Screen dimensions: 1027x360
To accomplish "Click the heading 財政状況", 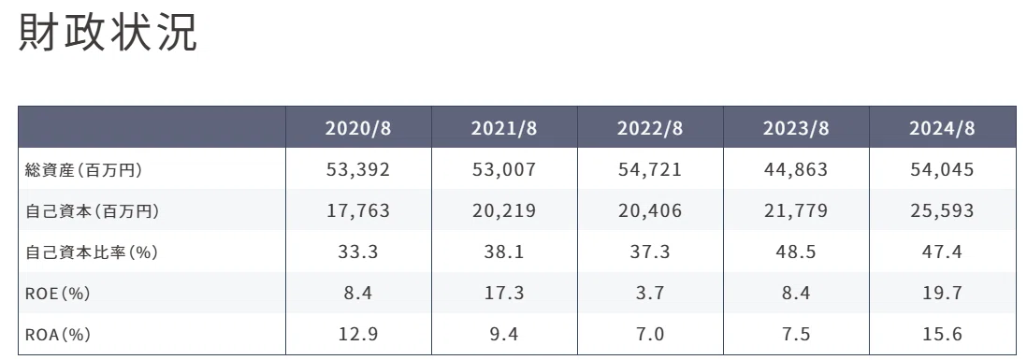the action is [x=108, y=32].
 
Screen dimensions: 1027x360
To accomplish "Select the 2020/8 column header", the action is [x=358, y=127].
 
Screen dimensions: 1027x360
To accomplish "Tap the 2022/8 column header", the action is [x=650, y=127].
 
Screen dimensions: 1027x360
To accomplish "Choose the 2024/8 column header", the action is [x=942, y=127].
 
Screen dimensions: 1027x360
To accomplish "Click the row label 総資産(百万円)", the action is [x=83, y=170].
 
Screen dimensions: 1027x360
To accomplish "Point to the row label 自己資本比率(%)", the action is [x=91, y=252].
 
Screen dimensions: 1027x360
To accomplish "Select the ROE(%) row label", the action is [x=57, y=294].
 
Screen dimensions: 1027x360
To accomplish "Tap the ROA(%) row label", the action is [x=57, y=335].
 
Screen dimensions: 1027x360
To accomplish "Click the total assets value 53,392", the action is [x=358, y=170].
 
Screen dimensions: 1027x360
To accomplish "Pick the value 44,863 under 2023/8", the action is [x=796, y=170].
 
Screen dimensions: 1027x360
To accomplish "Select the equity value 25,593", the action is [x=942, y=211].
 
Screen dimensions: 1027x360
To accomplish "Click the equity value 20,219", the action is [x=504, y=211].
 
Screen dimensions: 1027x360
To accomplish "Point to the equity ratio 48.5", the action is [x=796, y=252].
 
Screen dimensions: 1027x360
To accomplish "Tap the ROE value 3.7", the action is [x=650, y=294].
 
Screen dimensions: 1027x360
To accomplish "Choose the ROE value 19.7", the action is [x=942, y=294].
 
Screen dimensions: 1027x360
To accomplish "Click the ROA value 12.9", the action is [x=358, y=335].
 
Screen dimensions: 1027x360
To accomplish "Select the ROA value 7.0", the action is [x=650, y=335].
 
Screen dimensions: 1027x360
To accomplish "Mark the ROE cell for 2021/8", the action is [x=504, y=294].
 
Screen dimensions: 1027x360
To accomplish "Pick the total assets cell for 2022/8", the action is [x=650, y=170].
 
